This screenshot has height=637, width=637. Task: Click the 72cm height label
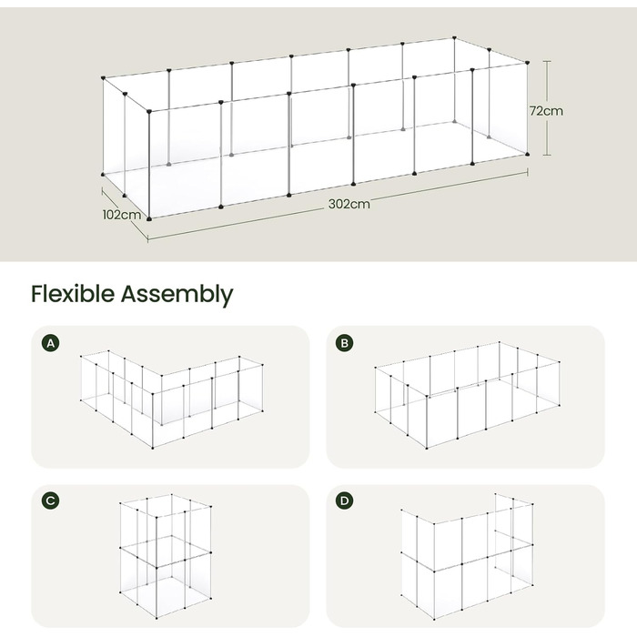point(546,111)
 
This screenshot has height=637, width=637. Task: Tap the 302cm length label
point(349,204)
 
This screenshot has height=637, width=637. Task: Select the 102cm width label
point(121,215)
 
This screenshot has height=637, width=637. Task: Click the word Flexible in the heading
point(73,293)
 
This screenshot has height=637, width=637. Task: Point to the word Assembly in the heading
point(177,295)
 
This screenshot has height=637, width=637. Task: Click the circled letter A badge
point(50,343)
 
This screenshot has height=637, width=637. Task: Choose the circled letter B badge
point(345,343)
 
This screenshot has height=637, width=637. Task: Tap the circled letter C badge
point(50,500)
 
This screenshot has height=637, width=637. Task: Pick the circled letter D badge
point(345,500)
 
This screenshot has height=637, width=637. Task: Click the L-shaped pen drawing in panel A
point(153,406)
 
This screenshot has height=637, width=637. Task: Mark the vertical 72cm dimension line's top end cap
point(547,61)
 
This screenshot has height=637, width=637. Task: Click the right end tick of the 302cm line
point(527,173)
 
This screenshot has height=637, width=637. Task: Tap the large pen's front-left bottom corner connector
point(149,219)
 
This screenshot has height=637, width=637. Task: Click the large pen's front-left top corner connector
point(149,111)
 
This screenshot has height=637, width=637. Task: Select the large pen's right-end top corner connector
point(527,63)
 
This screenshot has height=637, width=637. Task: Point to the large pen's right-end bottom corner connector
point(527,154)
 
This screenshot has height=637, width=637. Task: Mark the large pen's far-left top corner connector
point(103,77)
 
